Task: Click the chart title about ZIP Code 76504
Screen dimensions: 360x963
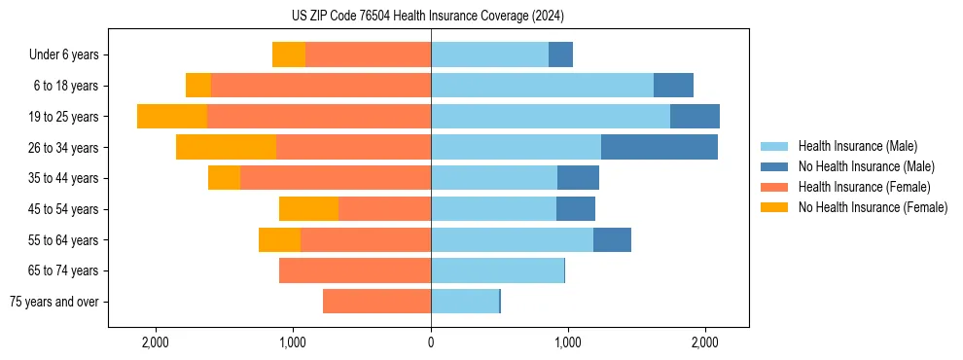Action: [x=427, y=16]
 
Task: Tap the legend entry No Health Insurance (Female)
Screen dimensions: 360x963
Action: [x=873, y=207]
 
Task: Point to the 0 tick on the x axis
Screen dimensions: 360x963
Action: [x=431, y=342]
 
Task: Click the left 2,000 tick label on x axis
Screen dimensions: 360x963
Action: [x=156, y=342]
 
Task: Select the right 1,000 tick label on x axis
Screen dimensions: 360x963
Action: [x=568, y=342]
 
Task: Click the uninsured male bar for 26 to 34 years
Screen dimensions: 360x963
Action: [x=660, y=147]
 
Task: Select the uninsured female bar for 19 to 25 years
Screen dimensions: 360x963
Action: [x=172, y=117]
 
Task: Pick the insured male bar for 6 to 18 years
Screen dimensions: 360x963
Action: [x=542, y=86]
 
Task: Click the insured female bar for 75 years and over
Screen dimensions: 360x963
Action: [x=376, y=302]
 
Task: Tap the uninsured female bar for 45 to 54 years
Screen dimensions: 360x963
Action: [x=308, y=209]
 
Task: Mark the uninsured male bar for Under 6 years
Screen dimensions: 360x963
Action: [x=560, y=54]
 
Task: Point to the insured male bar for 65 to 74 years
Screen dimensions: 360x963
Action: [x=497, y=270]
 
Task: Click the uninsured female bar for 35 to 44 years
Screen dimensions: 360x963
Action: [x=224, y=178]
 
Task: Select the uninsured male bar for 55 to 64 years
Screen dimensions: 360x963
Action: [x=612, y=239]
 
